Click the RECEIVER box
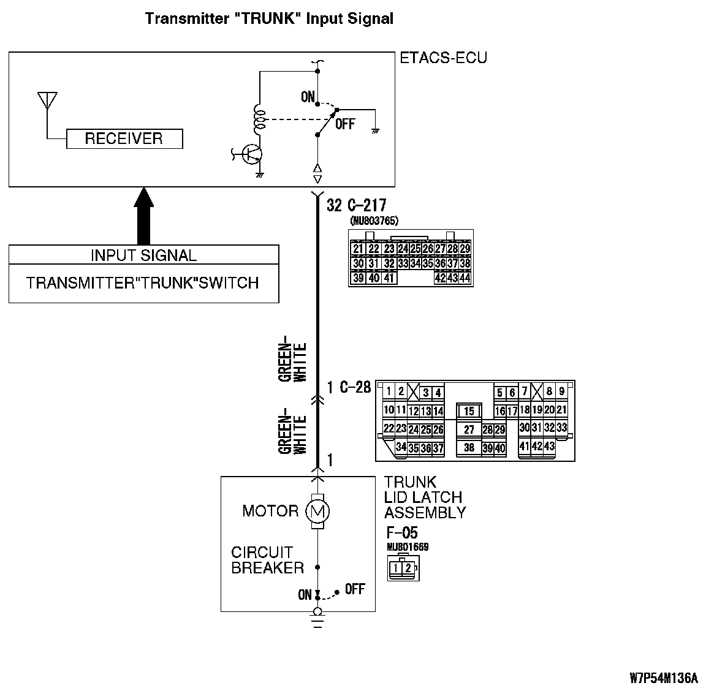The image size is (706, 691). pos(124,138)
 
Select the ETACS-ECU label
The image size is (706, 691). pos(443,58)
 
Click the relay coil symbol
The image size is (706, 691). pos(259,119)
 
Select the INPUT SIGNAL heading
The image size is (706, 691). pos(143,255)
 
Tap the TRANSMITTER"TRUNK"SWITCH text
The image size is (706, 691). pos(143,283)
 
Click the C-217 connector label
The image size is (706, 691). pos(366,205)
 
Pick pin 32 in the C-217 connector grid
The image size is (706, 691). pos(388,263)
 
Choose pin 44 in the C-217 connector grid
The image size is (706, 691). pos(465,278)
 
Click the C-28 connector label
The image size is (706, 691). pos(356,387)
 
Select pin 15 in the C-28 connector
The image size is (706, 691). pos(469,412)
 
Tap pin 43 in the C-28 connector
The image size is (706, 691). pos(549,446)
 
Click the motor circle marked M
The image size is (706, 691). pos(317,511)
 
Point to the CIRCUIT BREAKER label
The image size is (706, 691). pos(267,560)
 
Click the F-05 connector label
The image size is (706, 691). pos(401,532)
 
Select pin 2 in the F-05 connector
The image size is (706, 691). pos(408,568)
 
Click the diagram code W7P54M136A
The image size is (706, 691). pos(663,678)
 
